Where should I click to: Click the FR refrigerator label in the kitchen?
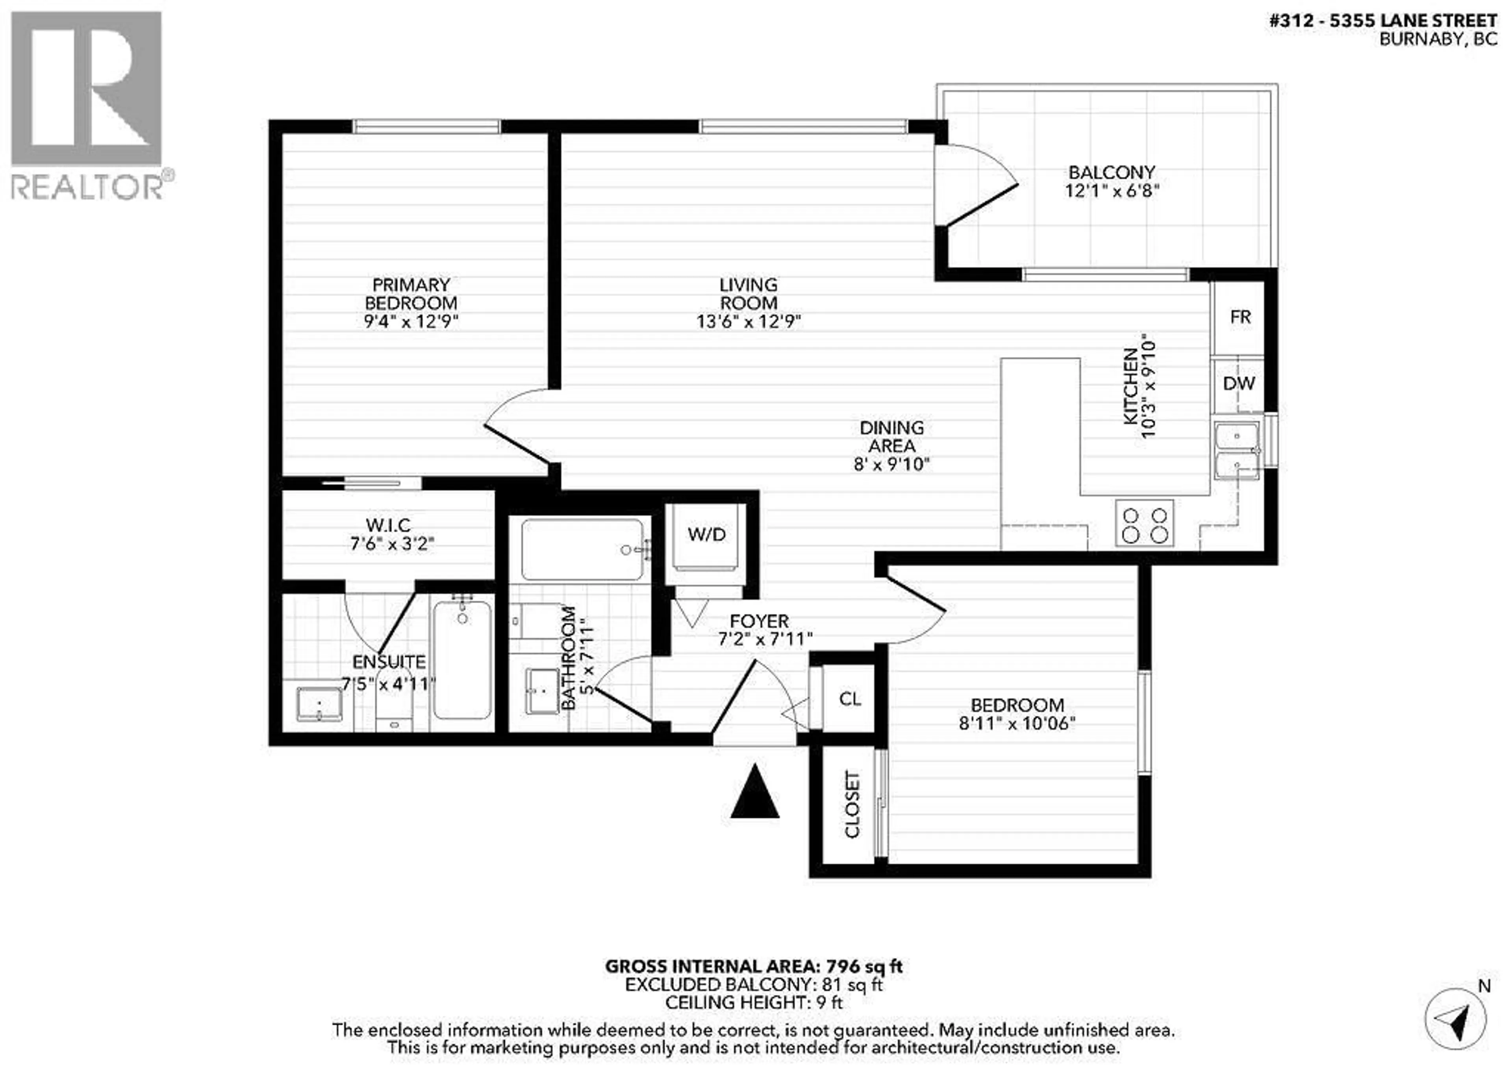1240,317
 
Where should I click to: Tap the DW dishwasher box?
1239,384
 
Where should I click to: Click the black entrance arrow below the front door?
755,792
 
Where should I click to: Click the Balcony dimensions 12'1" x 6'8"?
1112,191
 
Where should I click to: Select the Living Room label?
748,294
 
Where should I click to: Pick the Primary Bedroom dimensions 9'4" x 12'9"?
411,321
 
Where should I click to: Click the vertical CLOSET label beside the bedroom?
852,804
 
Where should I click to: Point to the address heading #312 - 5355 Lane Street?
1382,21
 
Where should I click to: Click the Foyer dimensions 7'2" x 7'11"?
765,639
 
